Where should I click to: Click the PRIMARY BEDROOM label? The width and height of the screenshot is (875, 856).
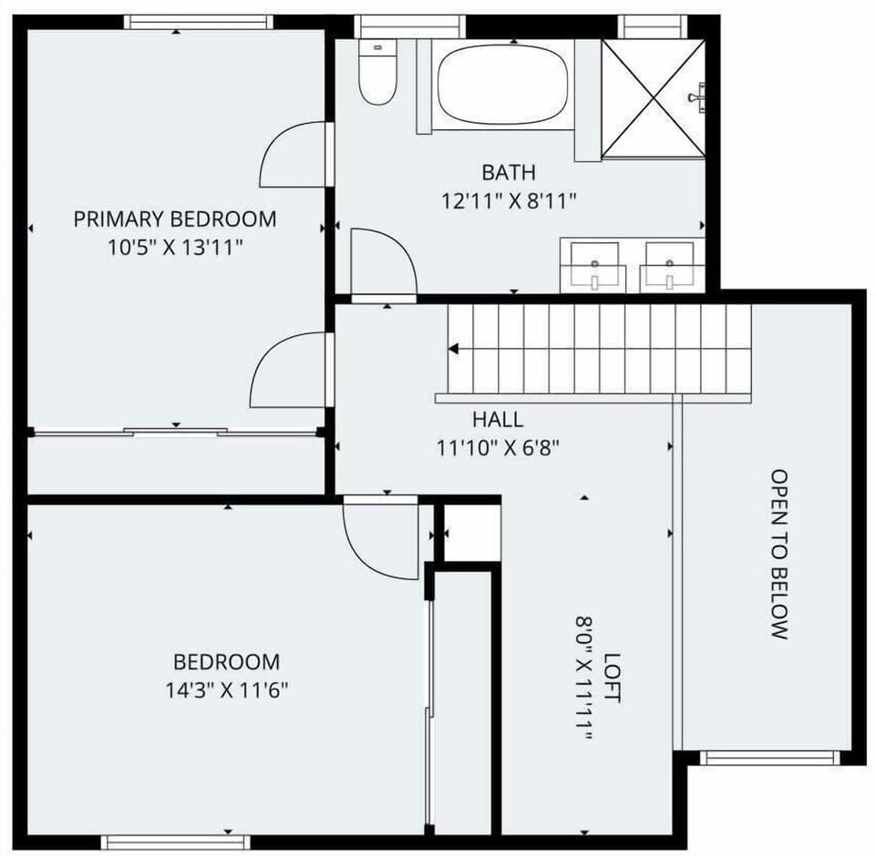click(x=175, y=219)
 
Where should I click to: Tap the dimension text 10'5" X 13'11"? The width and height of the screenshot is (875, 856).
click(x=175, y=247)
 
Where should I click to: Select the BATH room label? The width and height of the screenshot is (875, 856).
click(x=509, y=172)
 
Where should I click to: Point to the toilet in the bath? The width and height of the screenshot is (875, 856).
click(x=376, y=75)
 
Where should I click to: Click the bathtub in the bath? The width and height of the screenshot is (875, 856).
click(x=502, y=85)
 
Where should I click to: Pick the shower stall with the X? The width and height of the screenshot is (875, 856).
click(x=653, y=98)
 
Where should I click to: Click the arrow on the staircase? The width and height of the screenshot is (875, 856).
click(x=453, y=349)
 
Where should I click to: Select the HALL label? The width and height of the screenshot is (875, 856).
click(x=498, y=420)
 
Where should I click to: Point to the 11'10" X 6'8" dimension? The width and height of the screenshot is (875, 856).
click(x=498, y=447)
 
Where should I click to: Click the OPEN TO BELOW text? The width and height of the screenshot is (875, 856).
click(x=778, y=554)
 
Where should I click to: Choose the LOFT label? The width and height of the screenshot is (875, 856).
click(x=612, y=678)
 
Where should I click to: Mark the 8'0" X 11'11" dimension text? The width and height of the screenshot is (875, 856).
click(x=583, y=678)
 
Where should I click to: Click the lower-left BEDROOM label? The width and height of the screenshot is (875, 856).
click(x=227, y=662)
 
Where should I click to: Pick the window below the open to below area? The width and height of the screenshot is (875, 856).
click(x=767, y=757)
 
